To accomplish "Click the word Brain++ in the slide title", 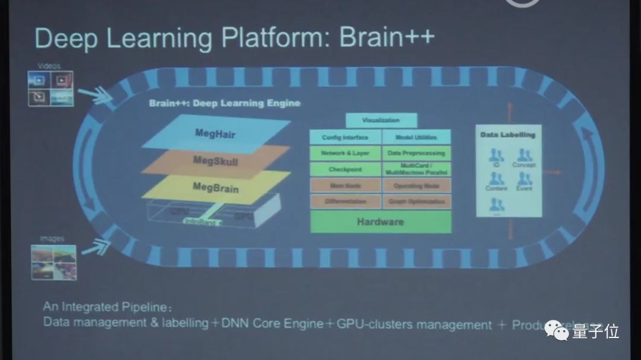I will point(387,37).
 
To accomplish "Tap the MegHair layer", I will point(215,133).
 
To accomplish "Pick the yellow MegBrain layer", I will point(215,187).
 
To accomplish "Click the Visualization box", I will point(380,120).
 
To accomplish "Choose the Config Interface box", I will point(345,137).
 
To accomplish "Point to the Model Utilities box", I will point(415,137).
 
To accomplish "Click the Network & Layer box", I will point(345,153).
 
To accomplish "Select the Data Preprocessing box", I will point(415,153).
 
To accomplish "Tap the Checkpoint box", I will point(345,169).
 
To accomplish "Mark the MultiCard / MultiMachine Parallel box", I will point(415,169).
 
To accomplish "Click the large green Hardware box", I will point(380,222).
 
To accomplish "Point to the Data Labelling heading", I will point(507,135).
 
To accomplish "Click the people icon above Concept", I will point(523,155).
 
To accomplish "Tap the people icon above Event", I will point(523,179).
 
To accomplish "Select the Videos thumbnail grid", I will point(51,88).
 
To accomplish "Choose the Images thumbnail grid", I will point(53,262).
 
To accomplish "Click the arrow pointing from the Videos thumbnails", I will point(96,95).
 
